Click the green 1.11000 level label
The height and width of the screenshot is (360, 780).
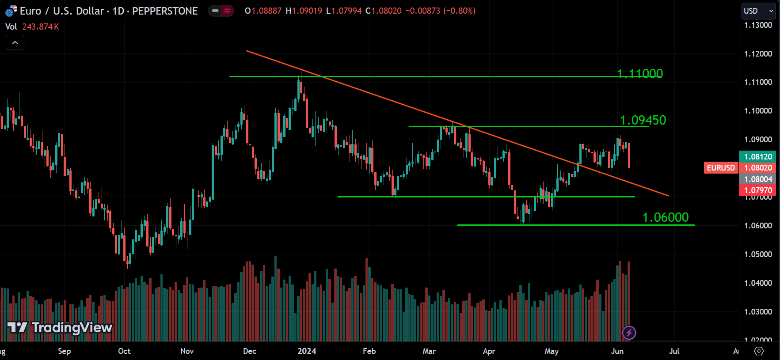coord(639,74)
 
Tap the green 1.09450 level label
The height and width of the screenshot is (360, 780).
coord(643,120)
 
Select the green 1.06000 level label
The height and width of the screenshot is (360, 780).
coord(665,217)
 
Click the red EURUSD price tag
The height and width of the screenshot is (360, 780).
coord(720,168)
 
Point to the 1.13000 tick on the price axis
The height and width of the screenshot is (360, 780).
coord(758,25)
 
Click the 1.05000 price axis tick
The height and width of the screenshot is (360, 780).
coord(758,254)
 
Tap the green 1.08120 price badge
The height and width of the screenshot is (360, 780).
coord(757,157)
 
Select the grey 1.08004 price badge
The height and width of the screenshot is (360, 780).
coord(757,179)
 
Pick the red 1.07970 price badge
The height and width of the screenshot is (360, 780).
coord(757,190)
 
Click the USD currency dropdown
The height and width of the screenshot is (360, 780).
coord(758,11)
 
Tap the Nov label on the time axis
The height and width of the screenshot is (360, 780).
coord(187,351)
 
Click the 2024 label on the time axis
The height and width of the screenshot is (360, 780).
coord(307,351)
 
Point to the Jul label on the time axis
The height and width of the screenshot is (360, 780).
coord(674,351)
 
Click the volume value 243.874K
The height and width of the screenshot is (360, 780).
coord(41,27)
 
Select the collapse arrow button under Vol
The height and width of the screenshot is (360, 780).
coord(15,43)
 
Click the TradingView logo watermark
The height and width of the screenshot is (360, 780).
coord(60,327)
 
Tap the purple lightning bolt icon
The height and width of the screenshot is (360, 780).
coord(629,333)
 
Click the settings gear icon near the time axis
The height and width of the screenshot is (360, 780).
coord(759,351)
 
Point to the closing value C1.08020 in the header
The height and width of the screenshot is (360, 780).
coord(384,11)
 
